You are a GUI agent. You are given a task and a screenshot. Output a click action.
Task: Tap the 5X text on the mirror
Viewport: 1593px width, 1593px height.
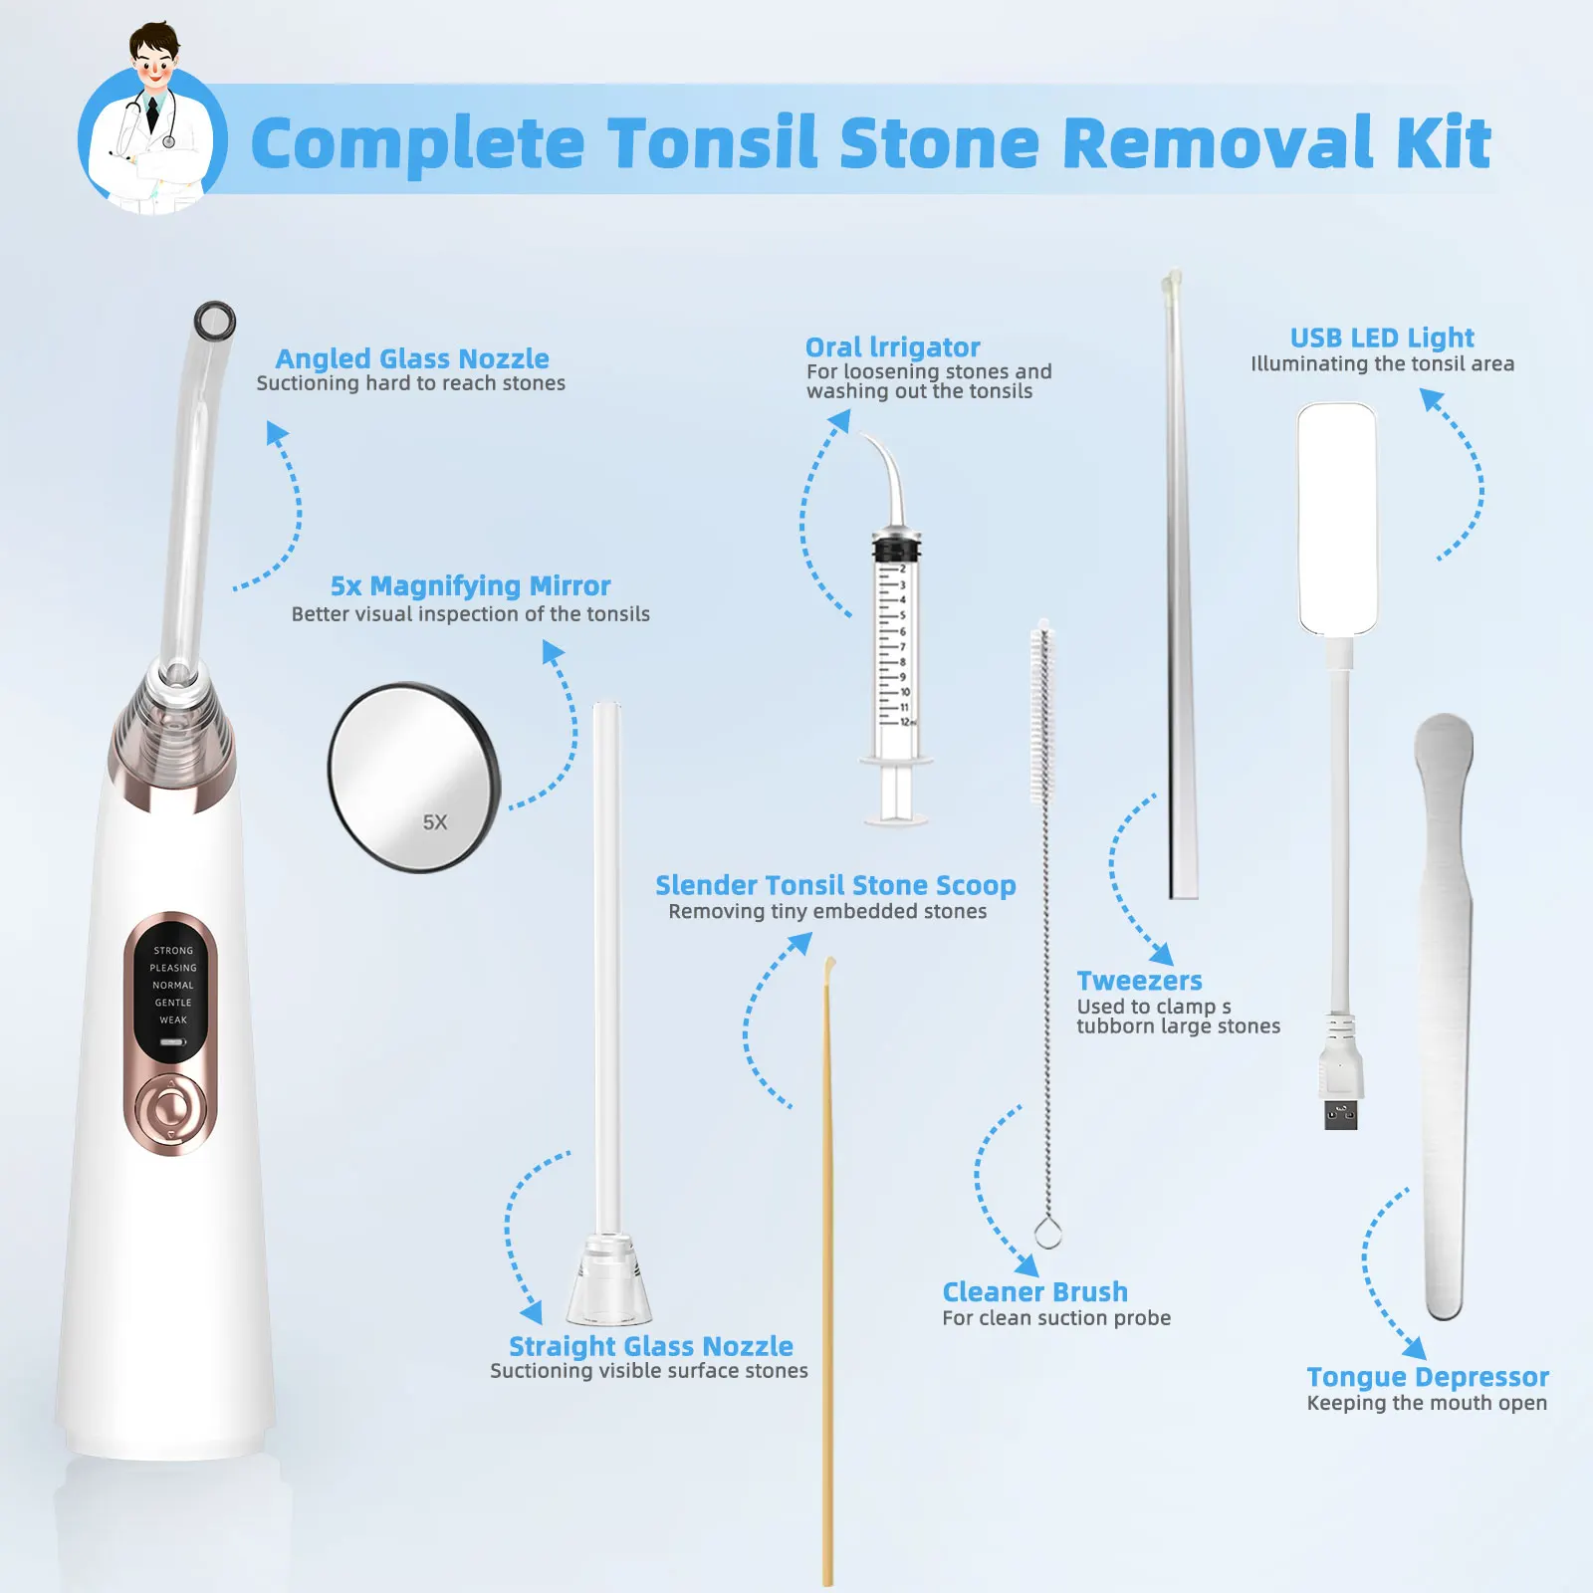pos(435,822)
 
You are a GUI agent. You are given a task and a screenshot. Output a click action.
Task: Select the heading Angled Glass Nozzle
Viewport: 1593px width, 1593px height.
pos(412,358)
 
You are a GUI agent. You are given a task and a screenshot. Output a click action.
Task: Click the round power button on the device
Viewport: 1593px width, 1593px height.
pos(171,1107)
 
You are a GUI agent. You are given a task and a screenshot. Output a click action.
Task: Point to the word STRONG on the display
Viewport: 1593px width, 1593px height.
pos(173,951)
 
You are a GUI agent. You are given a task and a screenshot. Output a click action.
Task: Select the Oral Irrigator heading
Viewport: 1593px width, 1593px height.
pos(892,347)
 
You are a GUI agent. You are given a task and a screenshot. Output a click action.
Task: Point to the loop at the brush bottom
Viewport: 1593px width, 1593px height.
pos(1047,1234)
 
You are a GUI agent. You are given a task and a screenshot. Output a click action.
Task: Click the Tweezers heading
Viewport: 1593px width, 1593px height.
pos(1139,981)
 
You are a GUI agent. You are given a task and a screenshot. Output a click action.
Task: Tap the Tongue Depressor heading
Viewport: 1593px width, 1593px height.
pos(1427,1377)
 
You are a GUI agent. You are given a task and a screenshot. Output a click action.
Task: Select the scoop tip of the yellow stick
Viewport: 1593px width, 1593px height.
pos(829,966)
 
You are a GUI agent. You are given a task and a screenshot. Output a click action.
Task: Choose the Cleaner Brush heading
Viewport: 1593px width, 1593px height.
pos(1034,1292)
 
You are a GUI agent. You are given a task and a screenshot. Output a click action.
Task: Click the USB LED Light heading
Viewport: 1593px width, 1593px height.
pos(1382,339)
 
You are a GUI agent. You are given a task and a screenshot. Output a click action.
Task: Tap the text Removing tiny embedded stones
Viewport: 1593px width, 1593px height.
pos(827,912)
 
